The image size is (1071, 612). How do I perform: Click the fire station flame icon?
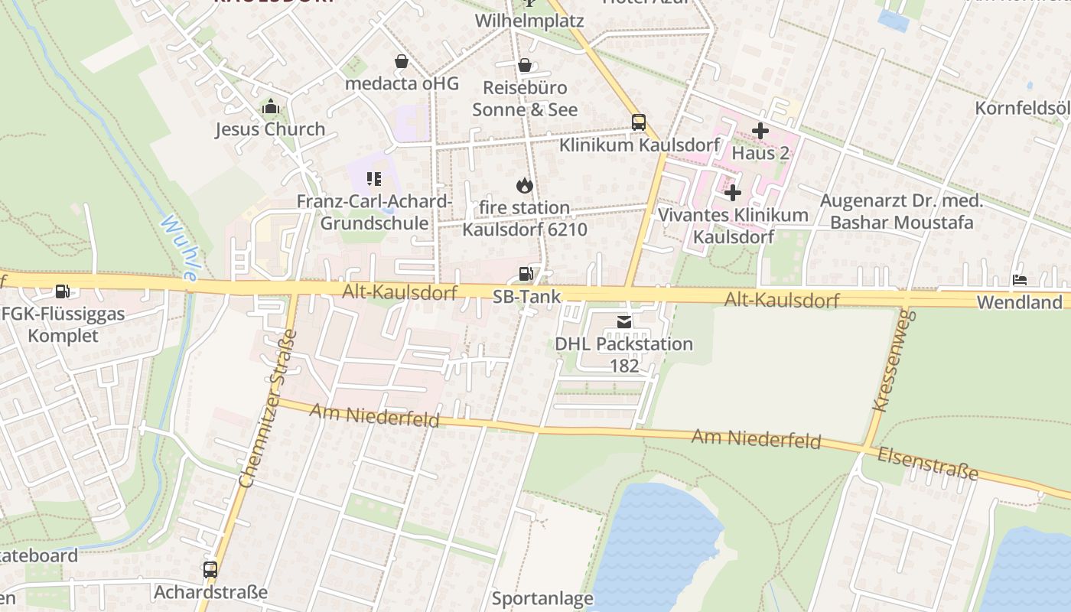524,185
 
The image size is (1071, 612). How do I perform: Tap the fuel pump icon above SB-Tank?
526,274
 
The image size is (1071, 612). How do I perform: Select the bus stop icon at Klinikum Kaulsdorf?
639,122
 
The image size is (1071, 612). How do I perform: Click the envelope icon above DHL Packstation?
624,323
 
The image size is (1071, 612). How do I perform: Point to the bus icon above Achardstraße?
210,570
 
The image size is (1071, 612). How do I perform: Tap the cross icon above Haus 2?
760,131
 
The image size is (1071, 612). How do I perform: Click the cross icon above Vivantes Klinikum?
733,193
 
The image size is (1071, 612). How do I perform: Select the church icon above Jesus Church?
270,107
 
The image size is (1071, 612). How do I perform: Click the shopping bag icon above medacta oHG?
401,61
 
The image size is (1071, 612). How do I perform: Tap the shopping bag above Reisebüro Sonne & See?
524,66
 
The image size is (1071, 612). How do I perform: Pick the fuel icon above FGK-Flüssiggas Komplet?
63,291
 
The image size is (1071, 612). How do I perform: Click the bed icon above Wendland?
1020,280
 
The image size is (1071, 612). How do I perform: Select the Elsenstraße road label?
928,464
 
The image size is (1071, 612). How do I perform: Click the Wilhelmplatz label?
529,21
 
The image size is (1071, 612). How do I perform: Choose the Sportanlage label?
542,598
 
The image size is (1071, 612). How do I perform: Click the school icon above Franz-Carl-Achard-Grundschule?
373,179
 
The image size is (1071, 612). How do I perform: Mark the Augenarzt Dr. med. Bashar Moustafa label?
901,212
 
